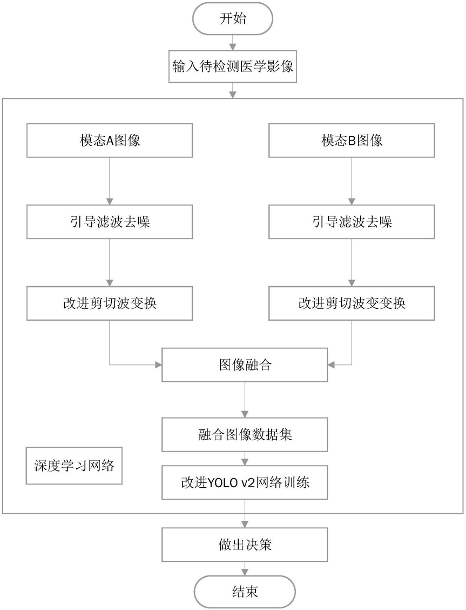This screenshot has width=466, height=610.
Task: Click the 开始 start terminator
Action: (x=233, y=18)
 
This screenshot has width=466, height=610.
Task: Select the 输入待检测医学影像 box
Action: (x=233, y=66)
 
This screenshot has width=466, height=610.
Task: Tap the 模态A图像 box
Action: (x=110, y=141)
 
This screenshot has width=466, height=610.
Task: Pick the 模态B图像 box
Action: (x=352, y=141)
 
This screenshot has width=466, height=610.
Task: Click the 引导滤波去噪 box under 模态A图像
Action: (x=110, y=222)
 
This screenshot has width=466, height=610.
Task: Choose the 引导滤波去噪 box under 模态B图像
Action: (x=352, y=222)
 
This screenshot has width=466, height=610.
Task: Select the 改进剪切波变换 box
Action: (x=110, y=303)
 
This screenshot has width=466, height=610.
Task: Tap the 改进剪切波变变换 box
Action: (x=352, y=303)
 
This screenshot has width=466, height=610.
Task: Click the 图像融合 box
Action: (x=245, y=365)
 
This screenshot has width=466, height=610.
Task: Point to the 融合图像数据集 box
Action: (x=245, y=435)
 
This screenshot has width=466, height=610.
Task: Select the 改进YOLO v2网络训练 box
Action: (x=245, y=483)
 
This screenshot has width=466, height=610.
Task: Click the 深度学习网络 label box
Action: (x=74, y=466)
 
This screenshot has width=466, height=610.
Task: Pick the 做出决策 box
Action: (x=245, y=545)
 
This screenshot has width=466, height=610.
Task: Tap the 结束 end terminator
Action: (x=245, y=592)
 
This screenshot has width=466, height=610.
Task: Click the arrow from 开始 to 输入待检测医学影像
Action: (x=233, y=42)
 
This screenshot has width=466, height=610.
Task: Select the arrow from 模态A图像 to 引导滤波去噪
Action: (x=110, y=181)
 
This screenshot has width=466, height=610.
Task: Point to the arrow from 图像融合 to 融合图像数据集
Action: (x=245, y=400)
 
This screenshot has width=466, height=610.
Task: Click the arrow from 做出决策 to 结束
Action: (x=245, y=569)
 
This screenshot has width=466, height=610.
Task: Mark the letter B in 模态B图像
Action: (x=351, y=141)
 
